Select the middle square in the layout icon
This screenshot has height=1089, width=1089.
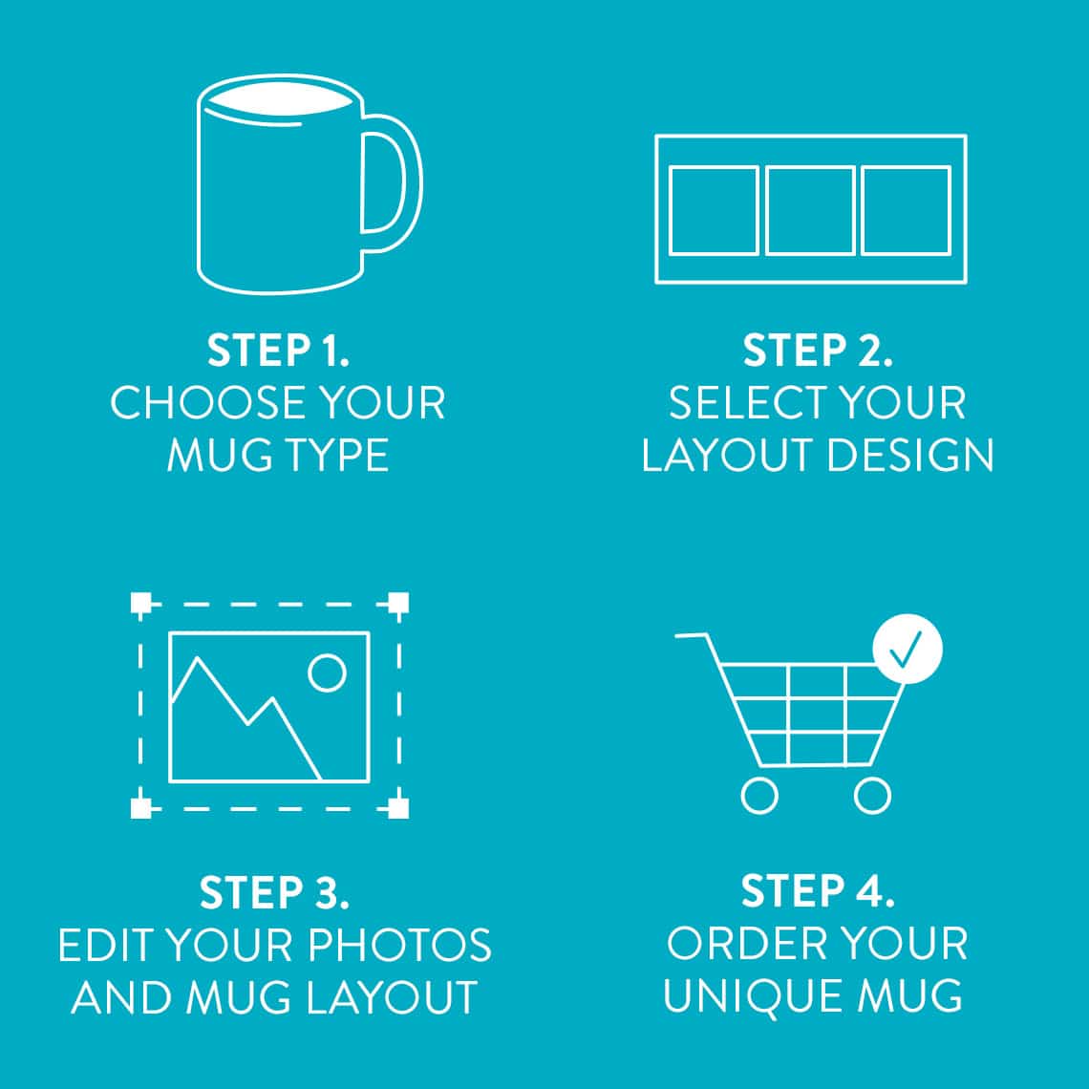coord(810,210)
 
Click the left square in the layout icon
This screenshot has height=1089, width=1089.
coord(714,210)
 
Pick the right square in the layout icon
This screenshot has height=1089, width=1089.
coord(906,210)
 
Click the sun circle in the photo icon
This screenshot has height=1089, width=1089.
coord(328,673)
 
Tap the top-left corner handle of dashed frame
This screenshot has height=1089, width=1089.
coord(140,604)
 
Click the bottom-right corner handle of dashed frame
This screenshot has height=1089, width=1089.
coord(398,808)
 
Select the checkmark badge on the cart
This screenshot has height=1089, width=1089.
coord(907,649)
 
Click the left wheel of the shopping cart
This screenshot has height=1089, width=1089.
coord(759,795)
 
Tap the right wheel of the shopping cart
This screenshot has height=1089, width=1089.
coord(871,795)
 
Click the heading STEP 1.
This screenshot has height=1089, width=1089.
coord(278,351)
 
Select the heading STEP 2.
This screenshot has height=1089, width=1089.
coord(818,351)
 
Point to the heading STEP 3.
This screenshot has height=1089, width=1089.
coord(274,892)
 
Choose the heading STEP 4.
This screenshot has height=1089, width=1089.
coord(818,890)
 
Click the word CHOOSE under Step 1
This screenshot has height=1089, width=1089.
coord(196,403)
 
